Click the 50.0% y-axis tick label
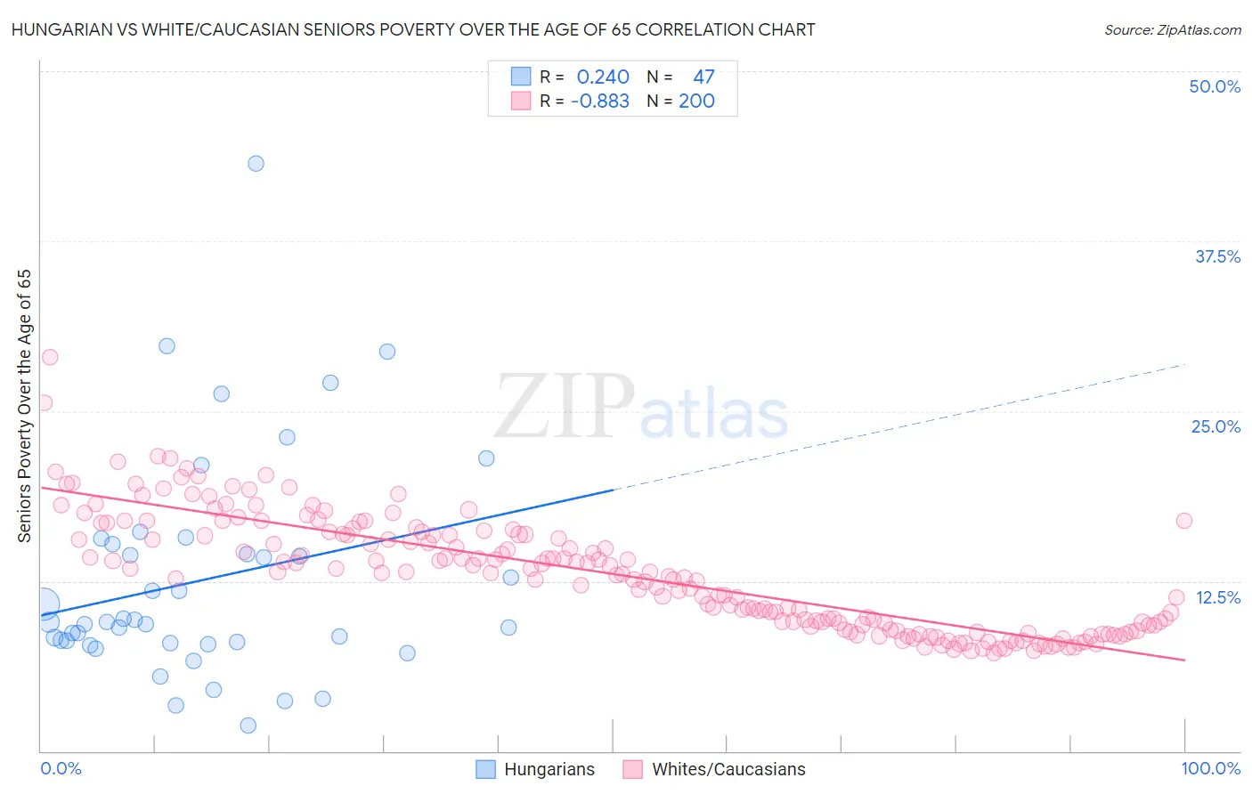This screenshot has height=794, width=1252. coord(1215,87)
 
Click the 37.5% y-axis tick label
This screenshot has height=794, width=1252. coord(1217,256)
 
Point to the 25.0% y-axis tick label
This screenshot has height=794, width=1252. coord(1215,426)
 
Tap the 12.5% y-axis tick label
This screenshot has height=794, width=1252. coord(1217,597)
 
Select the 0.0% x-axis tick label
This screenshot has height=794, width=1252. coord(61,768)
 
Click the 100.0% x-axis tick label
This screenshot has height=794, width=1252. coord(1210,768)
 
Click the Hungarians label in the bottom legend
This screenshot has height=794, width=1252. coord(549,769)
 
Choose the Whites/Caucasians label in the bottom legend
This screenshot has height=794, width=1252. coord(728,769)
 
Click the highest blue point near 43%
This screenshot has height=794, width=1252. coord(256,164)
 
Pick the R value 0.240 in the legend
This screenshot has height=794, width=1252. coord(603,77)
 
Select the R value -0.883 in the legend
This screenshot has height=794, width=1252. coord(599,101)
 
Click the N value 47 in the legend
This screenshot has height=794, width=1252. coord(703,77)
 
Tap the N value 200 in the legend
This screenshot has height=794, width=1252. coord(696,101)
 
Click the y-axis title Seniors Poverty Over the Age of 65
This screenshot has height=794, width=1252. coord(24,406)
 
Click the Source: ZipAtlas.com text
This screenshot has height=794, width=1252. coord(1172,30)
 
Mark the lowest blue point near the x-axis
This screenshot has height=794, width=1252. coord(248,725)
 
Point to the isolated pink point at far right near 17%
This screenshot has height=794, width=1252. coord(1183,521)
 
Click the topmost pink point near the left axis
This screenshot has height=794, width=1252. coord(50,357)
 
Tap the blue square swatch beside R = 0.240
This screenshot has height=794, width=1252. coord(521,77)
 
